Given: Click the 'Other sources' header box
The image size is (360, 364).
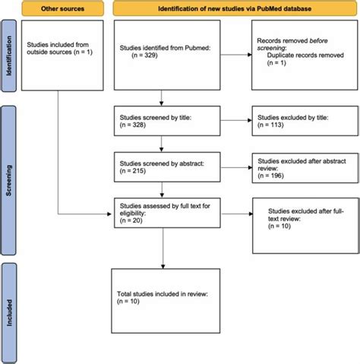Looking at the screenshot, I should coord(61,10).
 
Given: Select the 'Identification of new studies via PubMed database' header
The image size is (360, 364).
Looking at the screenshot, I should coord(235,10).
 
